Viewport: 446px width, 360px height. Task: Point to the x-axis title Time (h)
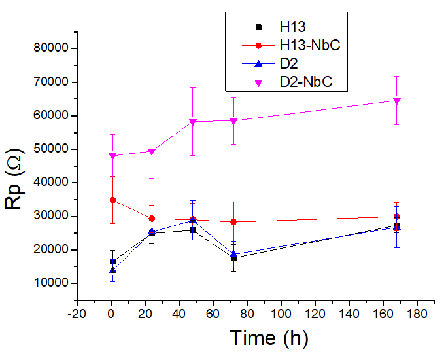pos(268,338)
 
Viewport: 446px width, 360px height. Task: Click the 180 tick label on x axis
pos(417,312)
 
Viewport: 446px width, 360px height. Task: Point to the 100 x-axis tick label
pos(281,312)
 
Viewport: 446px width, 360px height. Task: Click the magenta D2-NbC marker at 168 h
pos(396,101)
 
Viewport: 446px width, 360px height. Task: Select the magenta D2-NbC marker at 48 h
pos(193,122)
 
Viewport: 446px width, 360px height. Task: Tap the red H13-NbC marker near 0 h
pos(112,200)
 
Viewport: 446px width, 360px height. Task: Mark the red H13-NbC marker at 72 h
pos(233,222)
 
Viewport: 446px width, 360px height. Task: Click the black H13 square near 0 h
pos(112,261)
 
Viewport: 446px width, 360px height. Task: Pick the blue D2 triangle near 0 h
pos(112,270)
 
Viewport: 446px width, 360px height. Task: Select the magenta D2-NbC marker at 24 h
pos(152,151)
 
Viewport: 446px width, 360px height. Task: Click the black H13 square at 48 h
pos(193,230)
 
